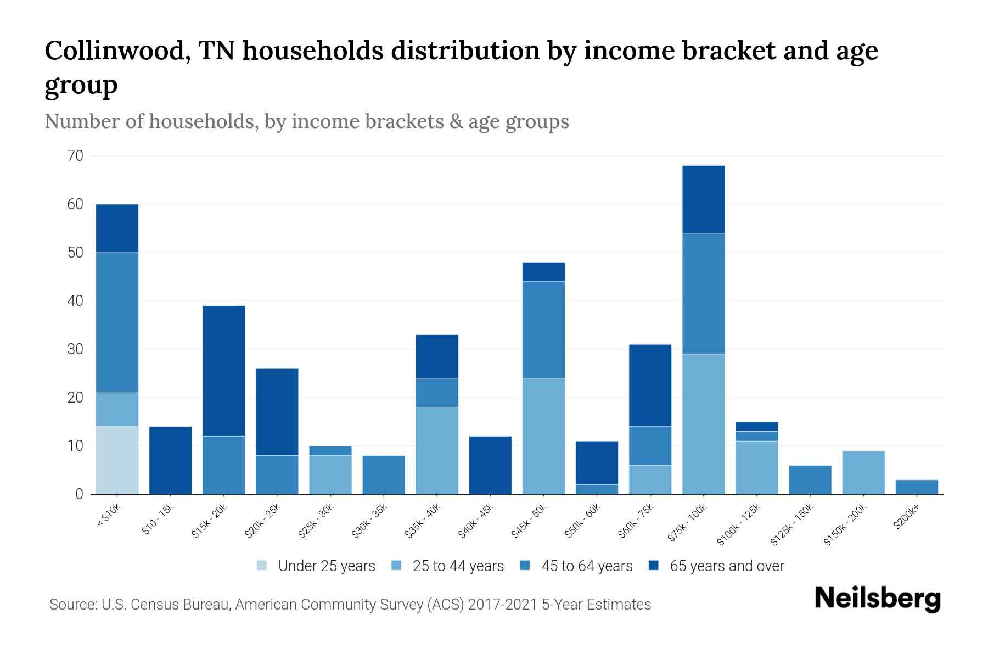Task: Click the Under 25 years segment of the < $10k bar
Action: [117, 460]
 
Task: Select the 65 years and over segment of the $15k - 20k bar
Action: [223, 371]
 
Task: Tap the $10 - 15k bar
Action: [170, 460]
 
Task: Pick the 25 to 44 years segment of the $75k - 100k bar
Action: [703, 424]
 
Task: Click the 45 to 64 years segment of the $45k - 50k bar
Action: [543, 329]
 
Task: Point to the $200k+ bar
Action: [916, 487]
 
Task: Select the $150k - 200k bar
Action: [863, 472]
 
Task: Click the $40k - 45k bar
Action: [490, 465]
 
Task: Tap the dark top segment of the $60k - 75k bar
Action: [650, 386]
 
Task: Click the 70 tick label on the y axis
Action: [76, 156]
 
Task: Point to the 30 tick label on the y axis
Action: [76, 349]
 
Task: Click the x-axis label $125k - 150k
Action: [791, 525]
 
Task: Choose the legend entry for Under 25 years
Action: [326, 566]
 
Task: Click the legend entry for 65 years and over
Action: [726, 566]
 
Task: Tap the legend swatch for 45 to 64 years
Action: [525, 566]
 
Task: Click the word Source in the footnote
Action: [72, 605]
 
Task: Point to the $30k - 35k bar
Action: [384, 475]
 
